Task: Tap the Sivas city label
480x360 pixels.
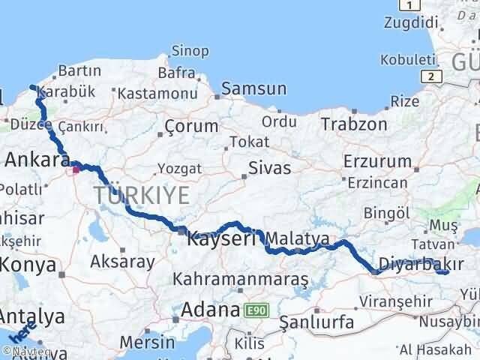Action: click(x=270, y=167)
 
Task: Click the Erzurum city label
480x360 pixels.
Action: click(x=377, y=160)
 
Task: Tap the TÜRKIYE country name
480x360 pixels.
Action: click(x=142, y=196)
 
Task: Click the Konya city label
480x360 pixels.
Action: click(x=28, y=265)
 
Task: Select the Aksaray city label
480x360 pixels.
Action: click(x=122, y=262)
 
